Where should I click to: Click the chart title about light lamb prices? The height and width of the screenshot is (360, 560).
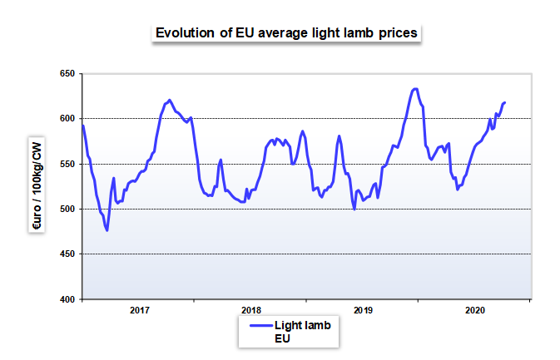click(x=286, y=32)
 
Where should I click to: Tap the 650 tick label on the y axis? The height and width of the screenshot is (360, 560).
click(x=67, y=73)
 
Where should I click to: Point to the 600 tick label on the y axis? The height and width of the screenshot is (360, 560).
click(x=67, y=118)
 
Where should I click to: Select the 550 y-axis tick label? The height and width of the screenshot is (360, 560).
click(x=67, y=164)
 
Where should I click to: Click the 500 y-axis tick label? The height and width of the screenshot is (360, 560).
click(x=67, y=209)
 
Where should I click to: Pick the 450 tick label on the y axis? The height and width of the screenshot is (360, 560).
click(x=67, y=254)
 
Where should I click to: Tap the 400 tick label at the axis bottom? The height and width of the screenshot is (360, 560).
click(x=67, y=299)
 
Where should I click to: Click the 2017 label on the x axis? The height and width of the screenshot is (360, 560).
click(x=139, y=310)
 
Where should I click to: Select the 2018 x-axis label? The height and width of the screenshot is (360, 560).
click(x=251, y=310)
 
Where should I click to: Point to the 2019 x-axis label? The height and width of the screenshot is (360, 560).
click(x=364, y=310)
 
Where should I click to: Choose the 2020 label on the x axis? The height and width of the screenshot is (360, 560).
click(x=475, y=310)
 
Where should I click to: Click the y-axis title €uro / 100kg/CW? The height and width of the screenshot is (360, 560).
click(x=37, y=185)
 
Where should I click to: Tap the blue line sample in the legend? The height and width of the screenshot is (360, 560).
click(x=260, y=325)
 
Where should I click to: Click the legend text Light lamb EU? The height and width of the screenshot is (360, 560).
click(x=303, y=332)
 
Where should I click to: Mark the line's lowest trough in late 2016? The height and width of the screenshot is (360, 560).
click(x=107, y=230)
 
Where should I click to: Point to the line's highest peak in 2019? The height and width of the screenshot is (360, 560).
click(x=415, y=89)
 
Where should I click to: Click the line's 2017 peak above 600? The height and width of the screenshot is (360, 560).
click(x=169, y=100)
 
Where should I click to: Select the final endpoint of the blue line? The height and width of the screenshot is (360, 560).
click(x=504, y=103)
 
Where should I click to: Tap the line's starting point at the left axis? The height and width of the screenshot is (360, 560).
click(x=83, y=126)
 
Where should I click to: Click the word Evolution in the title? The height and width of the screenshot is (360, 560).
click(x=186, y=32)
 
